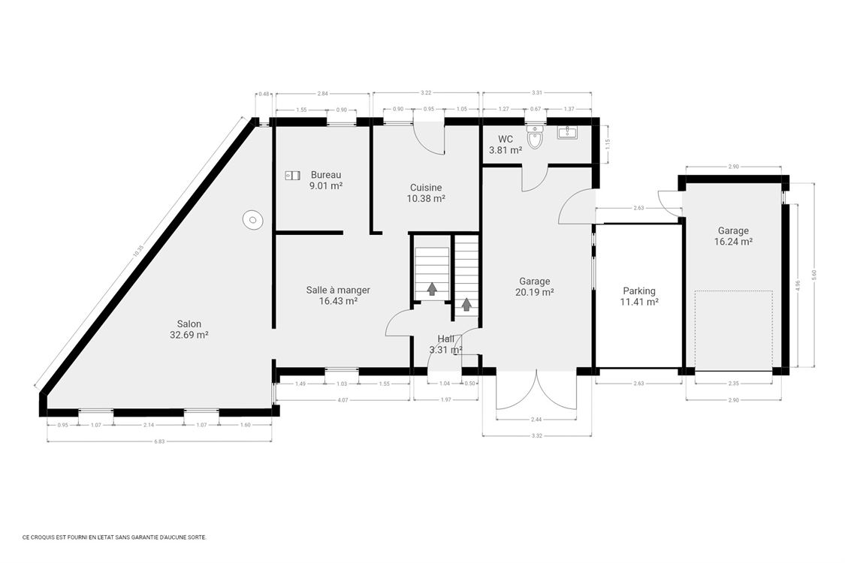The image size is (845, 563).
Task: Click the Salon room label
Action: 189,330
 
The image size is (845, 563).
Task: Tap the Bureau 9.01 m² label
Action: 326,180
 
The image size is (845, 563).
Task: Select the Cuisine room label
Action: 426,193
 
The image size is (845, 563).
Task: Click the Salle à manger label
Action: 338,295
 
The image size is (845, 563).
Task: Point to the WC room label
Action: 505,144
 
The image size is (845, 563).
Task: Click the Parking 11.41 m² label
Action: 639,297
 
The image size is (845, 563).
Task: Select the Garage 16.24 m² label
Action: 733,236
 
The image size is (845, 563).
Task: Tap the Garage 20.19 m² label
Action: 536,288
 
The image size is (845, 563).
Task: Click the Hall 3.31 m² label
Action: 445,345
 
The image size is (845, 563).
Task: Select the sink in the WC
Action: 566,133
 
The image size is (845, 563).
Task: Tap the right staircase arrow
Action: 466,304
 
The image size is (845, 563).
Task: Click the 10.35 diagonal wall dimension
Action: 137,253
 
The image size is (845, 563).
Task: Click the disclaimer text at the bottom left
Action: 114,537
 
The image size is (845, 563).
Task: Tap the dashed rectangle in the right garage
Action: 734,330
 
